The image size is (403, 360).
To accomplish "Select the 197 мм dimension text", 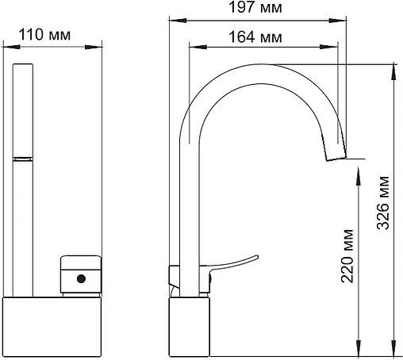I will coord(263,8).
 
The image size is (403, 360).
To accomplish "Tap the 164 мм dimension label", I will coord(263,36).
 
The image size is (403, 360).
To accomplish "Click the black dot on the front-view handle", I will coord(79,278).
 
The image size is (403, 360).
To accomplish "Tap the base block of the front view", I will coord(55,327).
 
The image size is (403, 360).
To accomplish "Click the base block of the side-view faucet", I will coord(190,327).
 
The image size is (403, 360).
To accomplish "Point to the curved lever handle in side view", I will coord(236,262).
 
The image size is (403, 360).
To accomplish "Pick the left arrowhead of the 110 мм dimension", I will coord(10,49).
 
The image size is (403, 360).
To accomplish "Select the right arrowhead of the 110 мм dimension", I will coord(100,49).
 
